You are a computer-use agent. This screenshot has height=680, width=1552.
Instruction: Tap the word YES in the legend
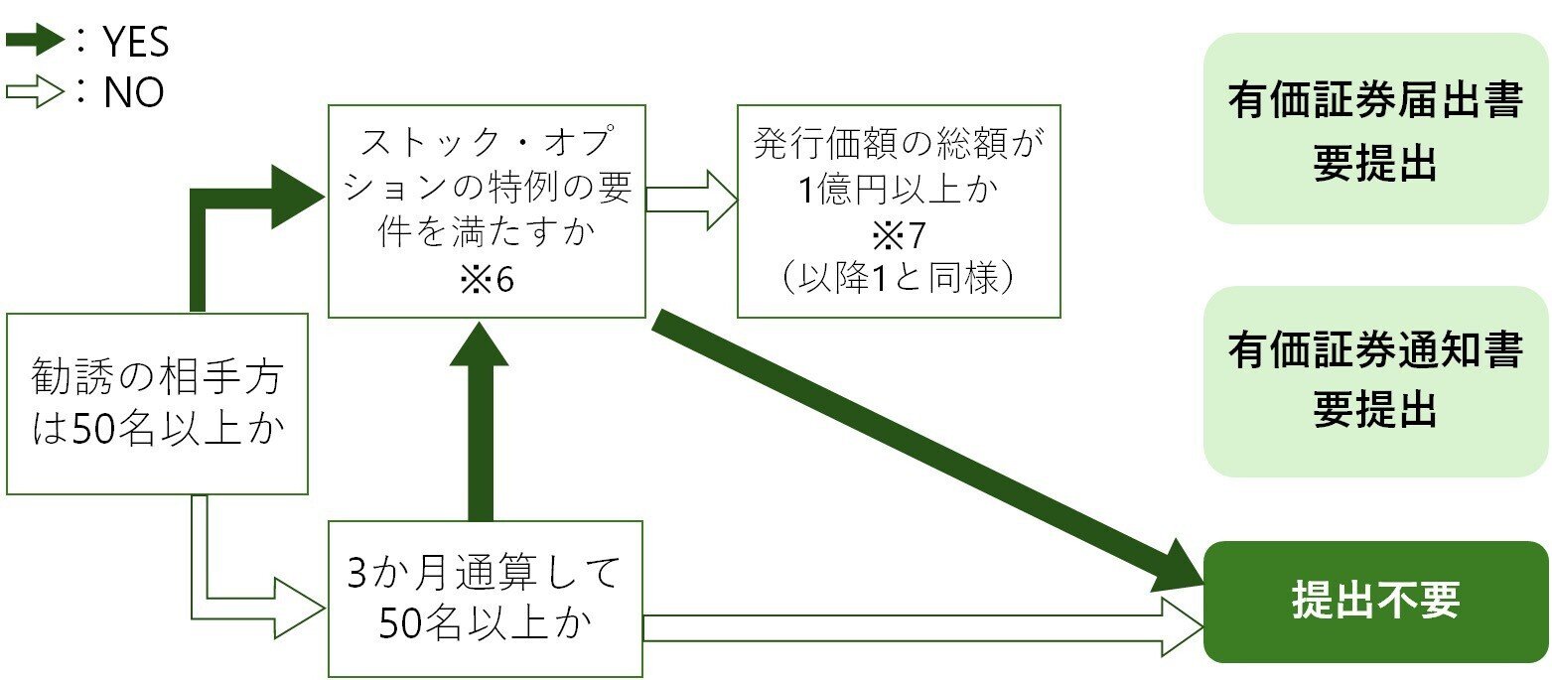coord(135,43)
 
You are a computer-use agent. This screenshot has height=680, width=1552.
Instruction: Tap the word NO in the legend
coord(133,94)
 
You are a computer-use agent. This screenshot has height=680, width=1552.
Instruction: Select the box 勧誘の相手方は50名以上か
coord(157,403)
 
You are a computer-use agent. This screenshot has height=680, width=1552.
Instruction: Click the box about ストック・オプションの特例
coord(487,210)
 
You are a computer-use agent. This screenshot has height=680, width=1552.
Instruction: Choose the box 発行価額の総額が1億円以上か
coord(898,210)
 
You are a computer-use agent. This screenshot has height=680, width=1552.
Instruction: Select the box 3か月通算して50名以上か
coord(485,600)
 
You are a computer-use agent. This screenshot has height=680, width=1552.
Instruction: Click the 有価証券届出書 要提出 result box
coord(1375,129)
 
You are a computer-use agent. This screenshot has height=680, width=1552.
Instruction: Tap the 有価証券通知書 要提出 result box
coord(1375,381)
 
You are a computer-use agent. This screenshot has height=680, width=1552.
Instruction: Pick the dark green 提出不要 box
coord(1375,602)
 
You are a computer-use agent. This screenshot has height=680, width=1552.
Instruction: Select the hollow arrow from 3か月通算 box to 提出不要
coord(923,627)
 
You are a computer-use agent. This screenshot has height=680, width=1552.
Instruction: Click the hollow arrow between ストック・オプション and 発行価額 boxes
coord(691,199)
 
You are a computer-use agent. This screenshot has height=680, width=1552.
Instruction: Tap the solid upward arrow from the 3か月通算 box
coord(480,427)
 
